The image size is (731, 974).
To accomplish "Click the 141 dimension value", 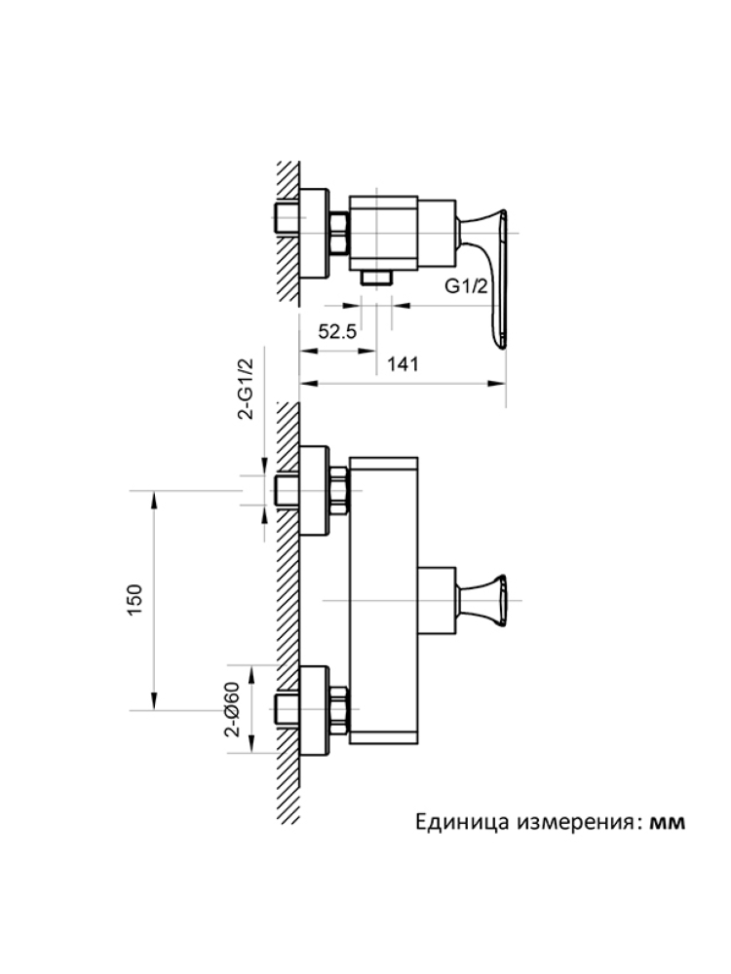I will coord(403,364).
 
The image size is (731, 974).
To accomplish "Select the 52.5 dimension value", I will coord(337,332).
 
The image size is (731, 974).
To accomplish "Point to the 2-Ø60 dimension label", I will coord(232,709).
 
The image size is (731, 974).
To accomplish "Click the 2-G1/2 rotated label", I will coord(247,390).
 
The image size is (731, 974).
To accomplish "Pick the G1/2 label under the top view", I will coord(466,287).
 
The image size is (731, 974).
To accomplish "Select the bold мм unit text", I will coord(668,822).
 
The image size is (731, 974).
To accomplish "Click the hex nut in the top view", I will coord(339,233).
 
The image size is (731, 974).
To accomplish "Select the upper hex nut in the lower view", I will coord(339,489).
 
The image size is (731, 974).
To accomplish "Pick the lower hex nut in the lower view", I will coord(339,711).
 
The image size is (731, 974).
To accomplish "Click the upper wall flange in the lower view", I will coord(314,489).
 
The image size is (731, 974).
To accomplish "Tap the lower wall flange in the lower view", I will coord(314,711).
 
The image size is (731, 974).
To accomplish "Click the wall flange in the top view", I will coord(314,233).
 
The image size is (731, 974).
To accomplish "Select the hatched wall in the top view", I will coord(287,233).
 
